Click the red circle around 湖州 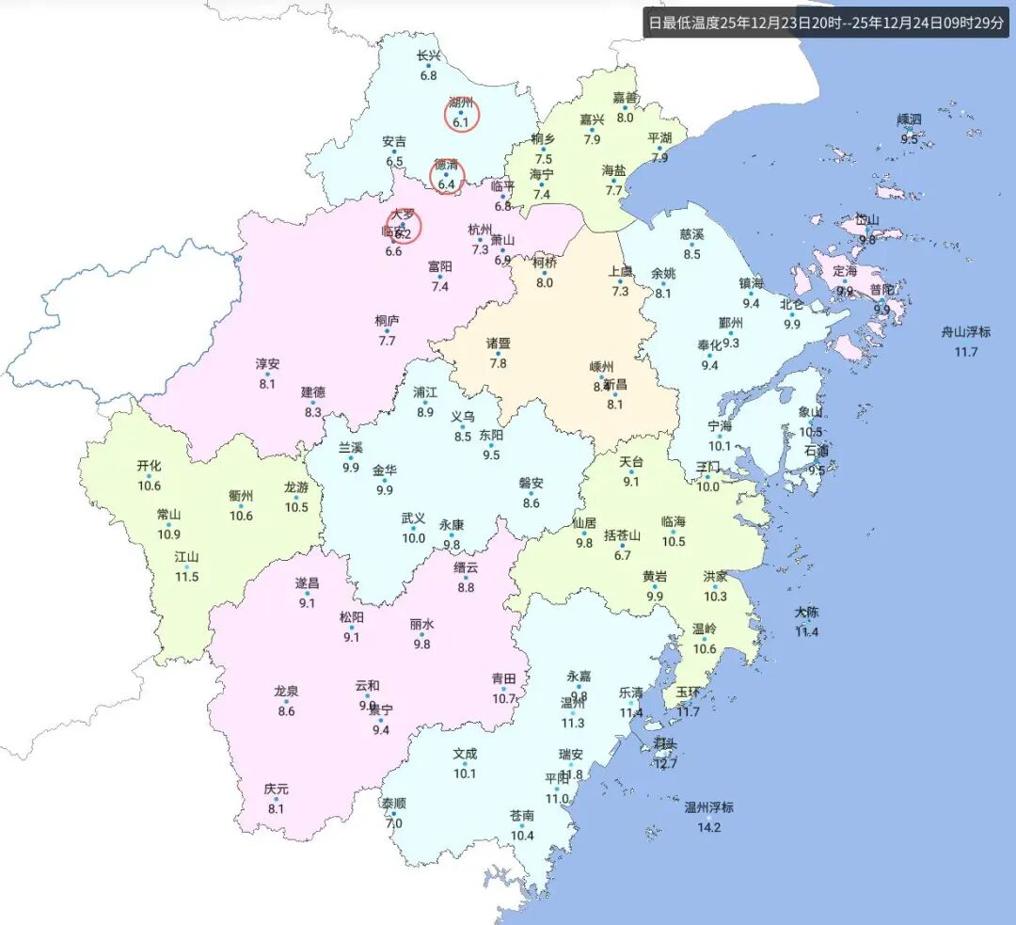pyautogui.click(x=462, y=115)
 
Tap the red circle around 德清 pyautogui.click(x=447, y=177)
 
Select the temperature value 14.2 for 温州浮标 pyautogui.click(x=708, y=827)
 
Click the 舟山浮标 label pyautogui.click(x=965, y=332)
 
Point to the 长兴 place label pyautogui.click(x=429, y=56)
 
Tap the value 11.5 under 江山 pyautogui.click(x=187, y=576)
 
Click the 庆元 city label pyautogui.click(x=277, y=789)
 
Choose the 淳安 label pyautogui.click(x=267, y=363)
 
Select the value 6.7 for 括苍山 pyautogui.click(x=622, y=555)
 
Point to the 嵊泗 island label pyautogui.click(x=910, y=120)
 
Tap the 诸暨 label pyautogui.click(x=498, y=343)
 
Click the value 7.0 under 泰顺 pyautogui.click(x=394, y=823)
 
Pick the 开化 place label pyautogui.click(x=149, y=465)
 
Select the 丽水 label pyautogui.click(x=421, y=624)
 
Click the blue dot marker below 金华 pyautogui.click(x=385, y=481)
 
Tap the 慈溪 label pyautogui.click(x=691, y=234)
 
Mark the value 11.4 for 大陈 pyautogui.click(x=806, y=631)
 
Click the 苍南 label pyautogui.click(x=522, y=815)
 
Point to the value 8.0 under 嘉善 pyautogui.click(x=625, y=118)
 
